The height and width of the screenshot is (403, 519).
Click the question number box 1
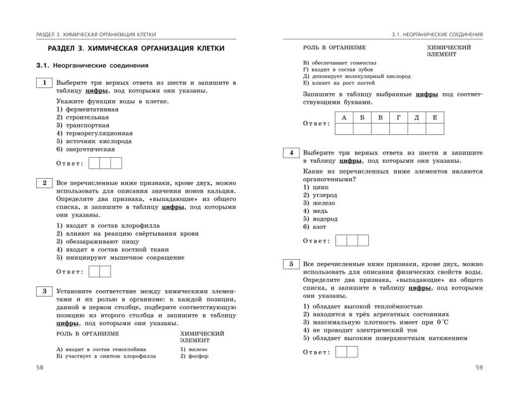coord(44,83)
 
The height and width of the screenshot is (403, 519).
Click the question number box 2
coord(44,184)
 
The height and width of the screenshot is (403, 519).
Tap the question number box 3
coord(44,291)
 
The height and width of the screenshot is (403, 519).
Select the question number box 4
coord(291,153)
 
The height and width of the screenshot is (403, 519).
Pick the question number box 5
coord(291,264)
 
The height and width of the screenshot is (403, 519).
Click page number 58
coord(41,368)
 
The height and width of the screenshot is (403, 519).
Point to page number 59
coord(478,368)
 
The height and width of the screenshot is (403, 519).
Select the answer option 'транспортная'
coord(82,125)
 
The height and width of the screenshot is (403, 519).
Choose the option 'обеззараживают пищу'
coord(97,241)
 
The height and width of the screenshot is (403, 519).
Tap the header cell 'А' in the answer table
coord(344,117)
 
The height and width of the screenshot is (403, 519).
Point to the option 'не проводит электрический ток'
coord(360,330)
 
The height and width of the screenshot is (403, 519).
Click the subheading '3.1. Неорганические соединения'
coord(92,65)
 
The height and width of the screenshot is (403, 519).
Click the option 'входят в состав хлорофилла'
coord(108,225)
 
